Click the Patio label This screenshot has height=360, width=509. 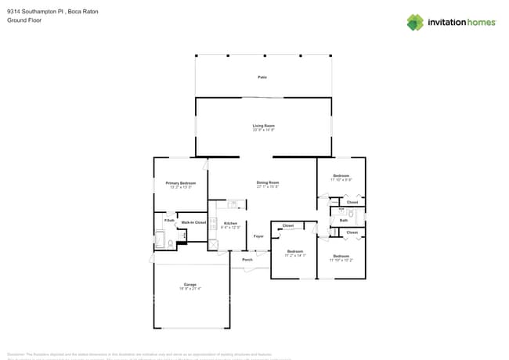262,77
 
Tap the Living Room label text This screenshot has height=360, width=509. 263,125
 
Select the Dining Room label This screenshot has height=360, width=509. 267,183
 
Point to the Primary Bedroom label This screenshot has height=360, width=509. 181,183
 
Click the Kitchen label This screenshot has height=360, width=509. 230,224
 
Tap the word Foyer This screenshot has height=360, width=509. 258,236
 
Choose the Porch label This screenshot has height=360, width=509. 247,260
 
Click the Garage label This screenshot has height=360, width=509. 190,284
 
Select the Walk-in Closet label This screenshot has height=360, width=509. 193,223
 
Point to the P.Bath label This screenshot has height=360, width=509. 168,221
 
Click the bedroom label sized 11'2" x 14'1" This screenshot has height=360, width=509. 294,251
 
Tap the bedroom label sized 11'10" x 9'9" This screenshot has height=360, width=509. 341,175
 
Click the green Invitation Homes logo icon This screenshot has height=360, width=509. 415,22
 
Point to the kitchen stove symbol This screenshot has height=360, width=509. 212,223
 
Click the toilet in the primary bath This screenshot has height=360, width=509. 171,244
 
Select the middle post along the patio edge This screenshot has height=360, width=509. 263,56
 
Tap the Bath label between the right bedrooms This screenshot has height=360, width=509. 344,221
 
